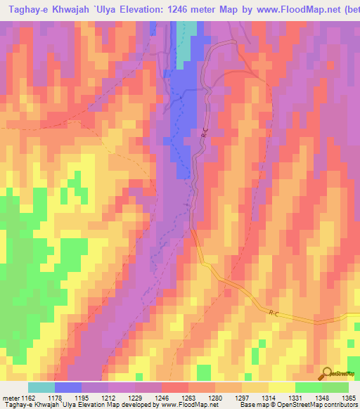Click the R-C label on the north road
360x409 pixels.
click(204, 131)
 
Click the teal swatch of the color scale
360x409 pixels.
click(41, 388)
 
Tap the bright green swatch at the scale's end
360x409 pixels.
click(335, 388)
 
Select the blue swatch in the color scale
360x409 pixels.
click(68, 388)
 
